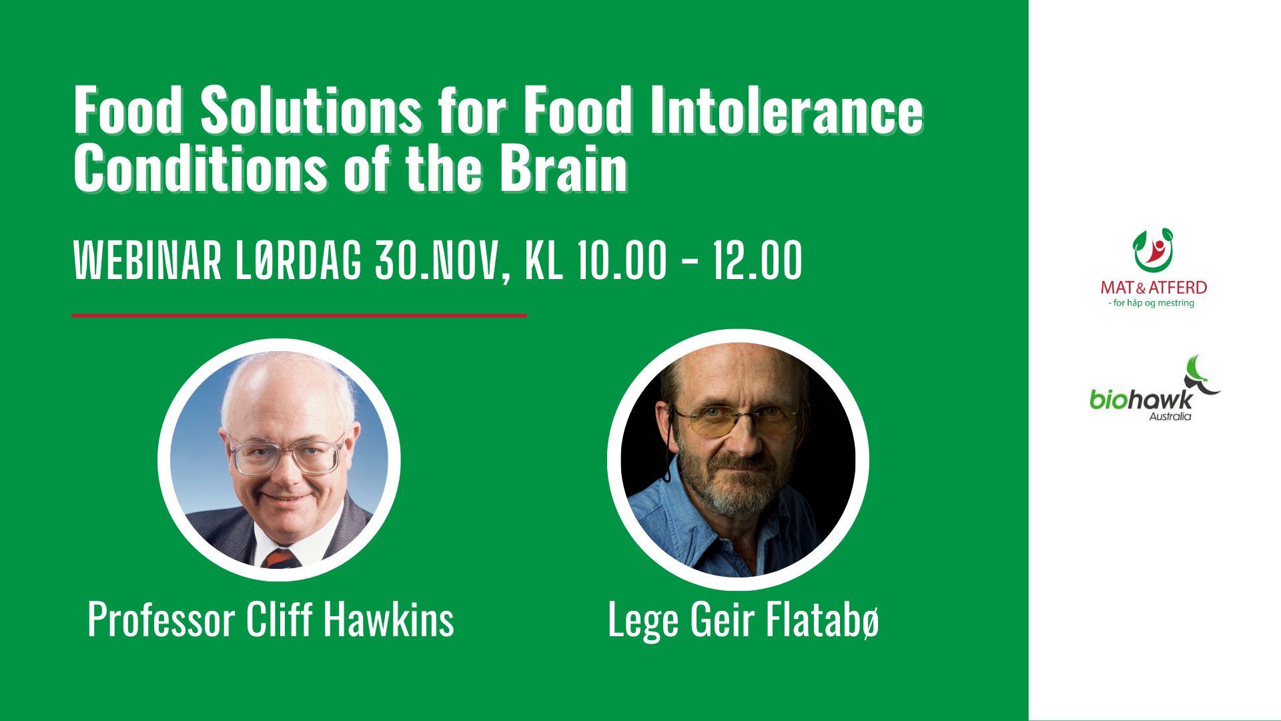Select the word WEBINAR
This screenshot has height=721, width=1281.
click(x=147, y=260)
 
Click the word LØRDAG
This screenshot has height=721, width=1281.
click(x=298, y=260)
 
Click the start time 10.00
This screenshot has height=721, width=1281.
click(x=622, y=260)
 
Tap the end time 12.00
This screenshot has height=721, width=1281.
click(x=757, y=260)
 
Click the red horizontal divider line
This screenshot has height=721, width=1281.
click(x=299, y=315)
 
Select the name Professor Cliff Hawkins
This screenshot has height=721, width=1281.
click(x=270, y=620)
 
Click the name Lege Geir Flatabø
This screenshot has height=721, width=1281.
click(x=743, y=620)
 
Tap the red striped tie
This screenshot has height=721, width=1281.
click(x=280, y=559)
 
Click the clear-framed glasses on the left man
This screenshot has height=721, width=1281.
click(x=287, y=454)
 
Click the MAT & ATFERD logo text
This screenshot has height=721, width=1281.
click(x=1154, y=288)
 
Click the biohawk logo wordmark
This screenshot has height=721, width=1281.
click(x=1141, y=399)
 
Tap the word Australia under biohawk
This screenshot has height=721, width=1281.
click(x=1170, y=417)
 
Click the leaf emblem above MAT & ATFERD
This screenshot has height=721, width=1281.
click(x=1154, y=250)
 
